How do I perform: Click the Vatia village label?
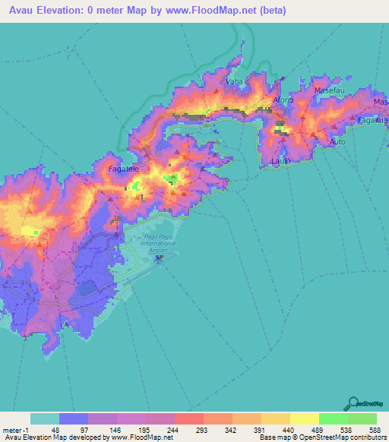pos(234,81)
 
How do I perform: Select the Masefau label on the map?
pos(329,90)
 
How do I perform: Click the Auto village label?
pos(338,142)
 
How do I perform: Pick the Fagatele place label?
pos(122,169)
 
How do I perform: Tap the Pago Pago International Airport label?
pos(158,242)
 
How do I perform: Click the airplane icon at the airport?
pos(159,259)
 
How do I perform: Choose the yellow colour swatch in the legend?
pos(304,418)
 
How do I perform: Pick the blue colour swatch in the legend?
pos(74,418)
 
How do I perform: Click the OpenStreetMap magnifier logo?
pos(355,403)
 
